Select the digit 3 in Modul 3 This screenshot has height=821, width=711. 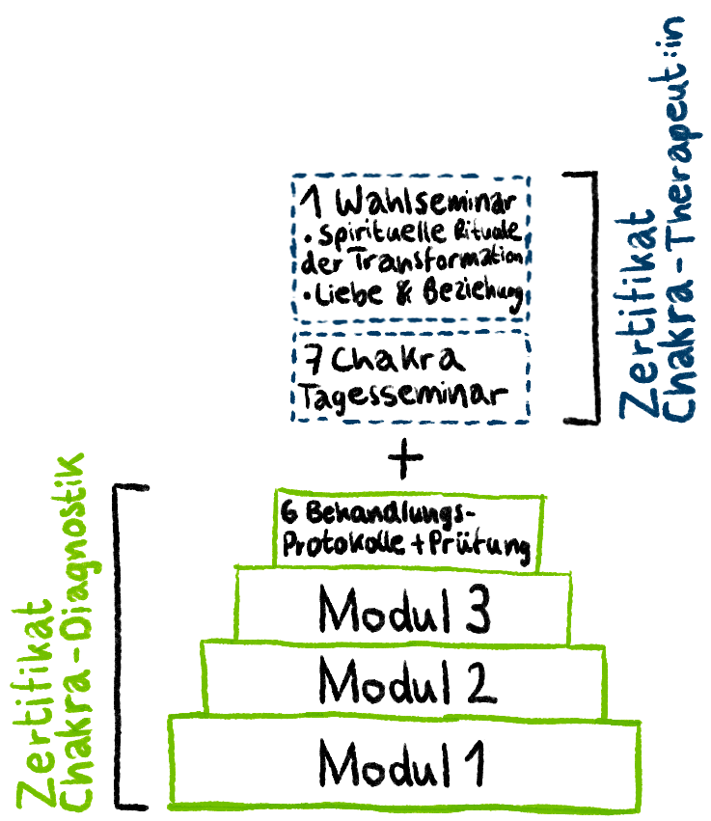tap(473, 610)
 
